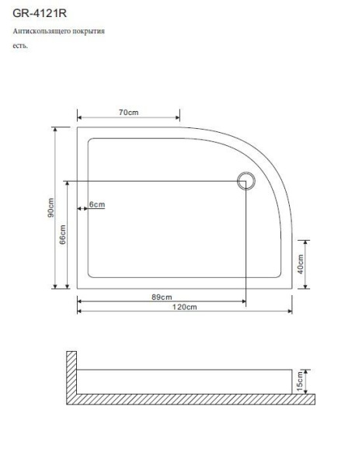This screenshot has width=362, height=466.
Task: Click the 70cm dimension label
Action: tap(128, 113)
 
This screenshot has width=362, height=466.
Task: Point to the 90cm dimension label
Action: tap(49, 208)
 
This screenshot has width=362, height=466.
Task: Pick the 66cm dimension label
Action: tap(62, 234)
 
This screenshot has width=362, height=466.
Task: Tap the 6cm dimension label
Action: tap(96, 204)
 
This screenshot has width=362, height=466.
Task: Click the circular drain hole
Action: tap(245, 182)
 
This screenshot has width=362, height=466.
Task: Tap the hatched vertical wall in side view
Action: tap(71, 373)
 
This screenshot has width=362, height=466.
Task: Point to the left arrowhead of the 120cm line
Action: tap(80, 312)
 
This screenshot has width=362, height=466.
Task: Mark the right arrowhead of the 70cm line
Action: tap(178, 119)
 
